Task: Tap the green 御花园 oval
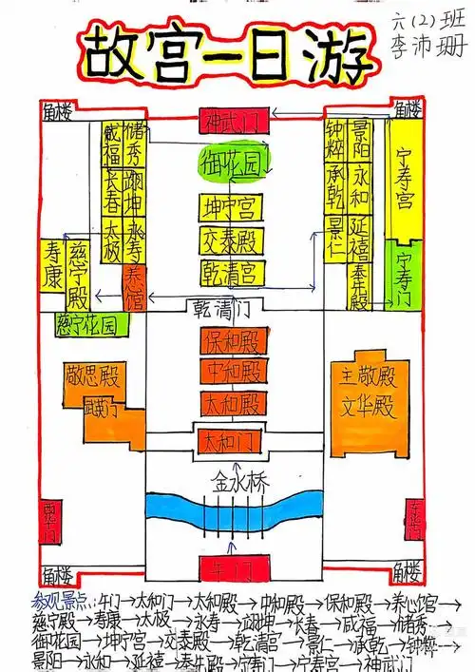(x=231, y=164)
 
